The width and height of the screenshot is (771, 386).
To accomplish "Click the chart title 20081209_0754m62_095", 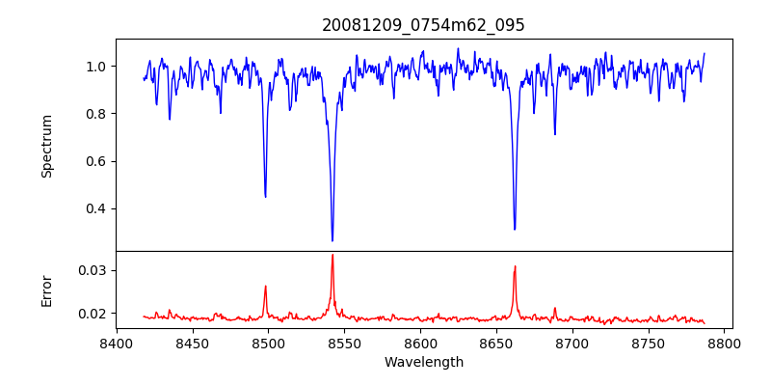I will pyautogui.click(x=423, y=25).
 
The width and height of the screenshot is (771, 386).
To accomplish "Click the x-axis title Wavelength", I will pyautogui.click(x=423, y=362).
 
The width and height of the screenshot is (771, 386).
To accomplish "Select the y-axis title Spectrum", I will pyautogui.click(x=46, y=146).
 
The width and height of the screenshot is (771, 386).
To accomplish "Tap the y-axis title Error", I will pyautogui.click(x=46, y=289).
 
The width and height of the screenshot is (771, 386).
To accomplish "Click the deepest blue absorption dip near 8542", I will pyautogui.click(x=332, y=240).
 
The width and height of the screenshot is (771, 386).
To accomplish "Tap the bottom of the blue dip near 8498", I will pyautogui.click(x=265, y=196).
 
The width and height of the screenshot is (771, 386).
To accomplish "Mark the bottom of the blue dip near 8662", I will pyautogui.click(x=515, y=229).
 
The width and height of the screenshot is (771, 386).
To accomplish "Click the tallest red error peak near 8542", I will pyautogui.click(x=332, y=255).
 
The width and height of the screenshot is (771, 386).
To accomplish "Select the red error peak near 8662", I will pyautogui.click(x=515, y=266).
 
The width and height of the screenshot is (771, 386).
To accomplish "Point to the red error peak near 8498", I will pyautogui.click(x=265, y=287).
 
